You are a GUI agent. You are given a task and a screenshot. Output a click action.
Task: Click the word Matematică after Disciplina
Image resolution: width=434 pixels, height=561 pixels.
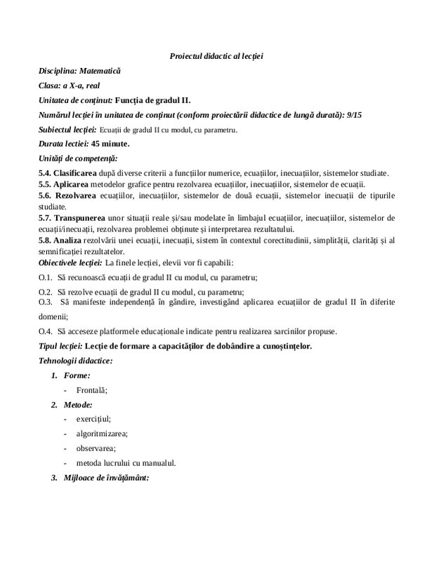point(100,71)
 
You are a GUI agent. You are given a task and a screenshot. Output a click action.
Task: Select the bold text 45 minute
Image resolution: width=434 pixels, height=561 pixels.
point(108,144)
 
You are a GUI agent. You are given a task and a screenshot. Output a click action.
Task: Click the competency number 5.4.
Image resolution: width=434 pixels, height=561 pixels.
point(46,173)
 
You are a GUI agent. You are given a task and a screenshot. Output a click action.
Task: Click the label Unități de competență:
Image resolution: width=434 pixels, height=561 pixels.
point(78,158)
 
